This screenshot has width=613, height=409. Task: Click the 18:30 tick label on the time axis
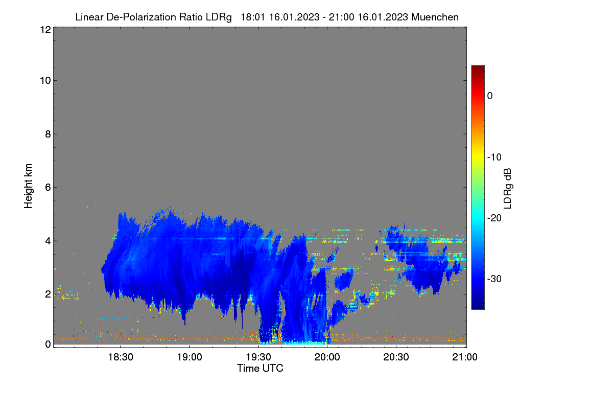pos(121,357)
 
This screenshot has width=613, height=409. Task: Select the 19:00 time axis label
pos(190,357)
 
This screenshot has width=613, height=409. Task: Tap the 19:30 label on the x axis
pos(258,357)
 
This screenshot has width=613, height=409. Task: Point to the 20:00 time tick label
pos(327,357)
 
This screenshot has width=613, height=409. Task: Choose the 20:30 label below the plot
pos(396,357)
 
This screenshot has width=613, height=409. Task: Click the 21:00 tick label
pos(465,357)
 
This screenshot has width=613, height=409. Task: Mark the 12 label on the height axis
pos(45,30)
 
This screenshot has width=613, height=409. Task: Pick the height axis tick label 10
pos(45,81)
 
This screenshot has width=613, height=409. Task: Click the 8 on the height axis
pos(48,134)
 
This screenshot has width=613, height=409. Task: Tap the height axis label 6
pos(48,188)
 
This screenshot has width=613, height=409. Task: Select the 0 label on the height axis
pos(48,344)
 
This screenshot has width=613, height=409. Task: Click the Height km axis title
pos(28,186)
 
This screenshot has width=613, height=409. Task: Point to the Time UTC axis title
pos(260,369)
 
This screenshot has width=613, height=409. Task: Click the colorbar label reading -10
pos(494,157)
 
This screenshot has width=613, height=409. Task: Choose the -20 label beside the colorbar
pos(494,218)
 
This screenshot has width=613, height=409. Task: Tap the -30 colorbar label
pos(494,279)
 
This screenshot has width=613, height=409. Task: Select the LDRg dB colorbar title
pos(508,189)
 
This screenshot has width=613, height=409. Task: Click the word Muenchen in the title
pos(435,17)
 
